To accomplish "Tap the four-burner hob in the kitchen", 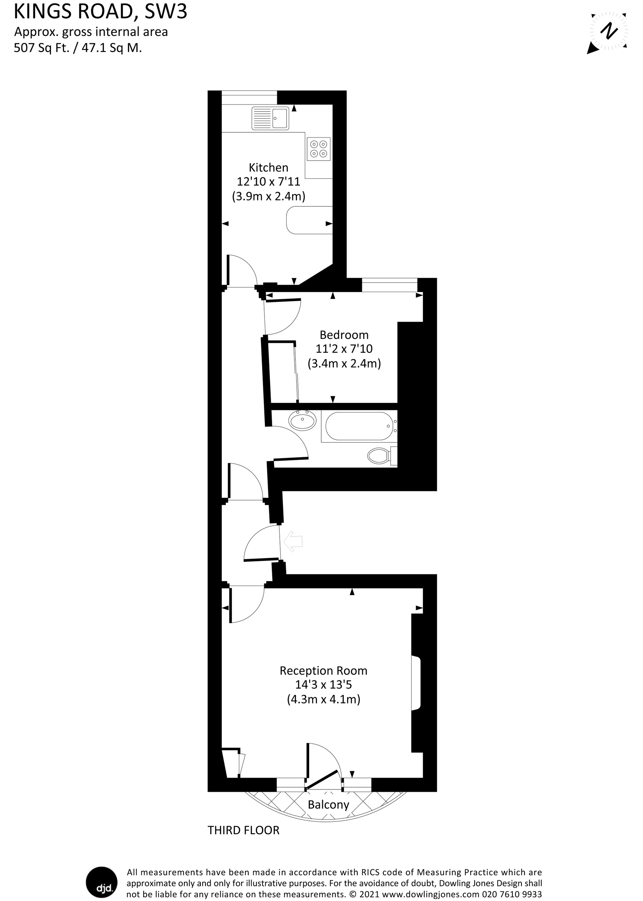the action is (x=319, y=149).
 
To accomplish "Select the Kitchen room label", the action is (x=268, y=168).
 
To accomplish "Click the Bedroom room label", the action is (x=344, y=335).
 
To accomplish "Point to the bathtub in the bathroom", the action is (x=359, y=426).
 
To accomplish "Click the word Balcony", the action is (x=329, y=805).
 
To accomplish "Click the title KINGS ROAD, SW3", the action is (x=101, y=12).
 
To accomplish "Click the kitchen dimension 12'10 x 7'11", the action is (x=268, y=182).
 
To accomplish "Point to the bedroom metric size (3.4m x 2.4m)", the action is (x=344, y=364).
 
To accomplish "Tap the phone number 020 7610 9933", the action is (x=511, y=894).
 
